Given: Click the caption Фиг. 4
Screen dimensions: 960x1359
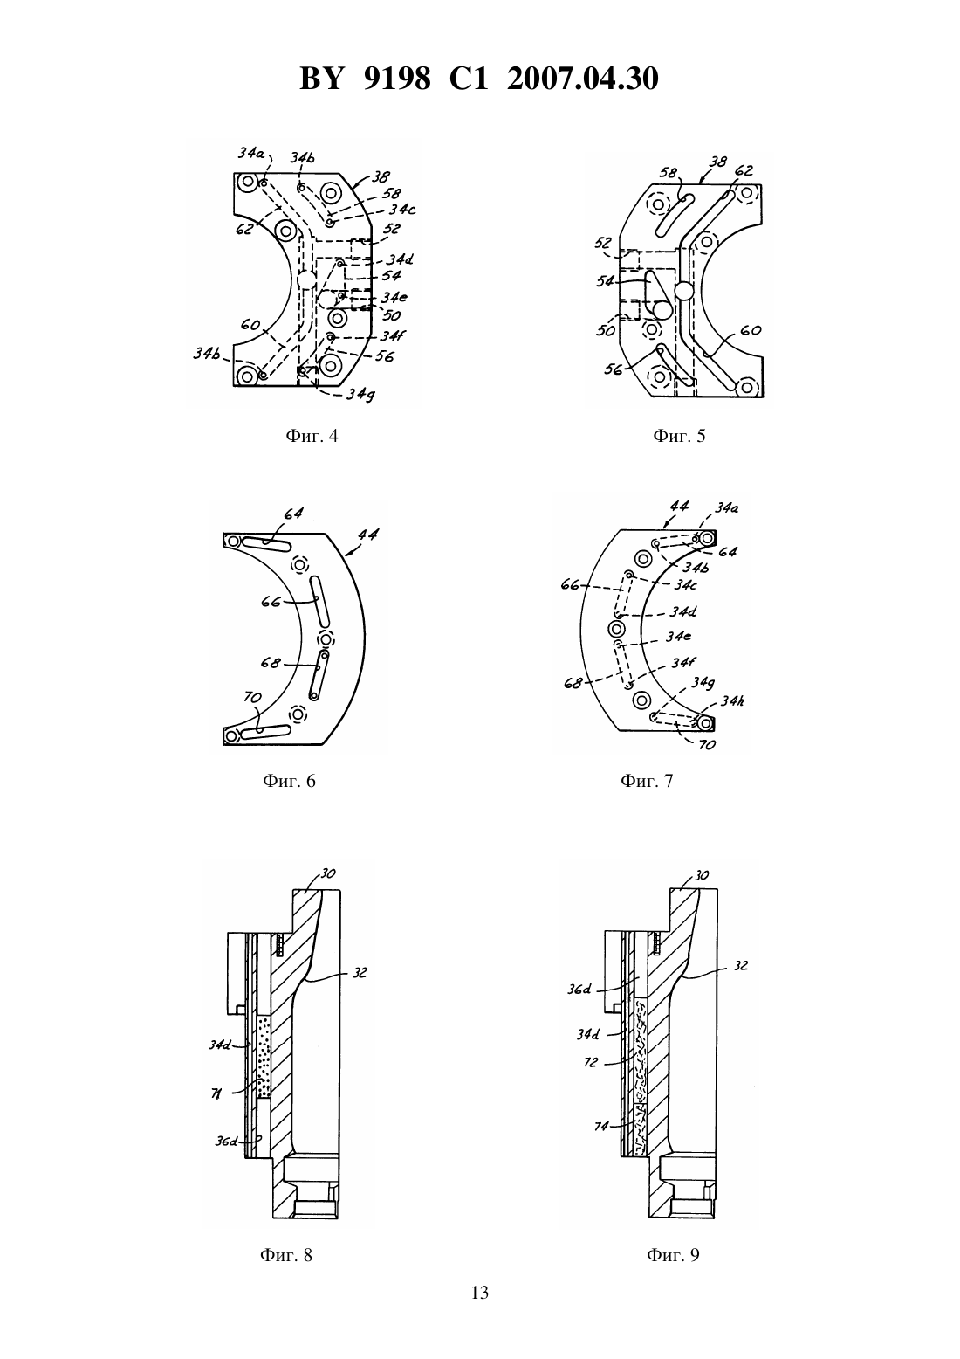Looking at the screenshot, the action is (x=312, y=436).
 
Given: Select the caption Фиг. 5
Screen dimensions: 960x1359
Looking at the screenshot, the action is (x=679, y=436).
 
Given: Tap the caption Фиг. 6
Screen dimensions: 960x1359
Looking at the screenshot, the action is (x=289, y=780).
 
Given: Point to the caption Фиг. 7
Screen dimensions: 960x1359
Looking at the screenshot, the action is (x=647, y=780).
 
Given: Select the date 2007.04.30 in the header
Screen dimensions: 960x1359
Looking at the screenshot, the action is (x=582, y=79).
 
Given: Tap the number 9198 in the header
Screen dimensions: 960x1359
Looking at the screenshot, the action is (x=397, y=79).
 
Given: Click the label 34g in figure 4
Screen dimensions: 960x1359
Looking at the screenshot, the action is (x=360, y=395).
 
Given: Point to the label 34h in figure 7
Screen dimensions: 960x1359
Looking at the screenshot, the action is (x=731, y=700).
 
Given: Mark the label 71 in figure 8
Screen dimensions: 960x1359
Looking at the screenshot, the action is (x=216, y=1093).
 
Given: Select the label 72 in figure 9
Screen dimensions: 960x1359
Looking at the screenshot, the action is (x=591, y=1062).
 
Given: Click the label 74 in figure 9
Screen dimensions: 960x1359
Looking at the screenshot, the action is (x=600, y=1126).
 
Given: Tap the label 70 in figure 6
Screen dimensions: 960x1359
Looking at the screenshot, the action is (x=252, y=697).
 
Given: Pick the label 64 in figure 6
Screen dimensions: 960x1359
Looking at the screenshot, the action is (x=292, y=514).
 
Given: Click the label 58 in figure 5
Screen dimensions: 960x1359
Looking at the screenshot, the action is (x=669, y=173).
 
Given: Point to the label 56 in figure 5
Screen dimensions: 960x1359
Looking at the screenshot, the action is (x=614, y=369).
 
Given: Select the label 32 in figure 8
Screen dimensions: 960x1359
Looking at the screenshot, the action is (x=360, y=973).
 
